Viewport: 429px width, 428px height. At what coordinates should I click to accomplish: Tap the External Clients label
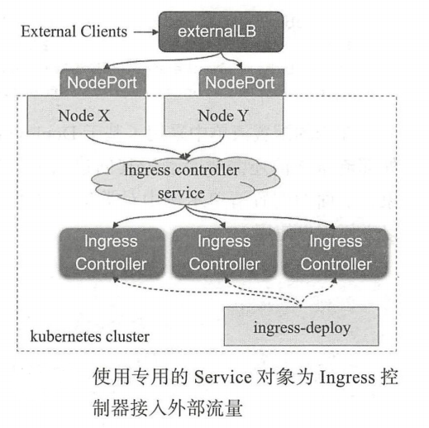(x=74, y=32)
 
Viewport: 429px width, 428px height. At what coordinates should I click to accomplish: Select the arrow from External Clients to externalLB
(x=142, y=32)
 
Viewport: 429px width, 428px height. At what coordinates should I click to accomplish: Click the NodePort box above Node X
(x=104, y=83)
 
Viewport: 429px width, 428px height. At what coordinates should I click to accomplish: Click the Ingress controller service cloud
(x=179, y=182)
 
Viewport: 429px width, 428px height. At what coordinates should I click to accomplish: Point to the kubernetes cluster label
(x=90, y=337)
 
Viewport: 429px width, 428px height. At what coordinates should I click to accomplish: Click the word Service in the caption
(x=220, y=378)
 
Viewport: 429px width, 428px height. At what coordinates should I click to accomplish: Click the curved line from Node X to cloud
(x=124, y=147)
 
